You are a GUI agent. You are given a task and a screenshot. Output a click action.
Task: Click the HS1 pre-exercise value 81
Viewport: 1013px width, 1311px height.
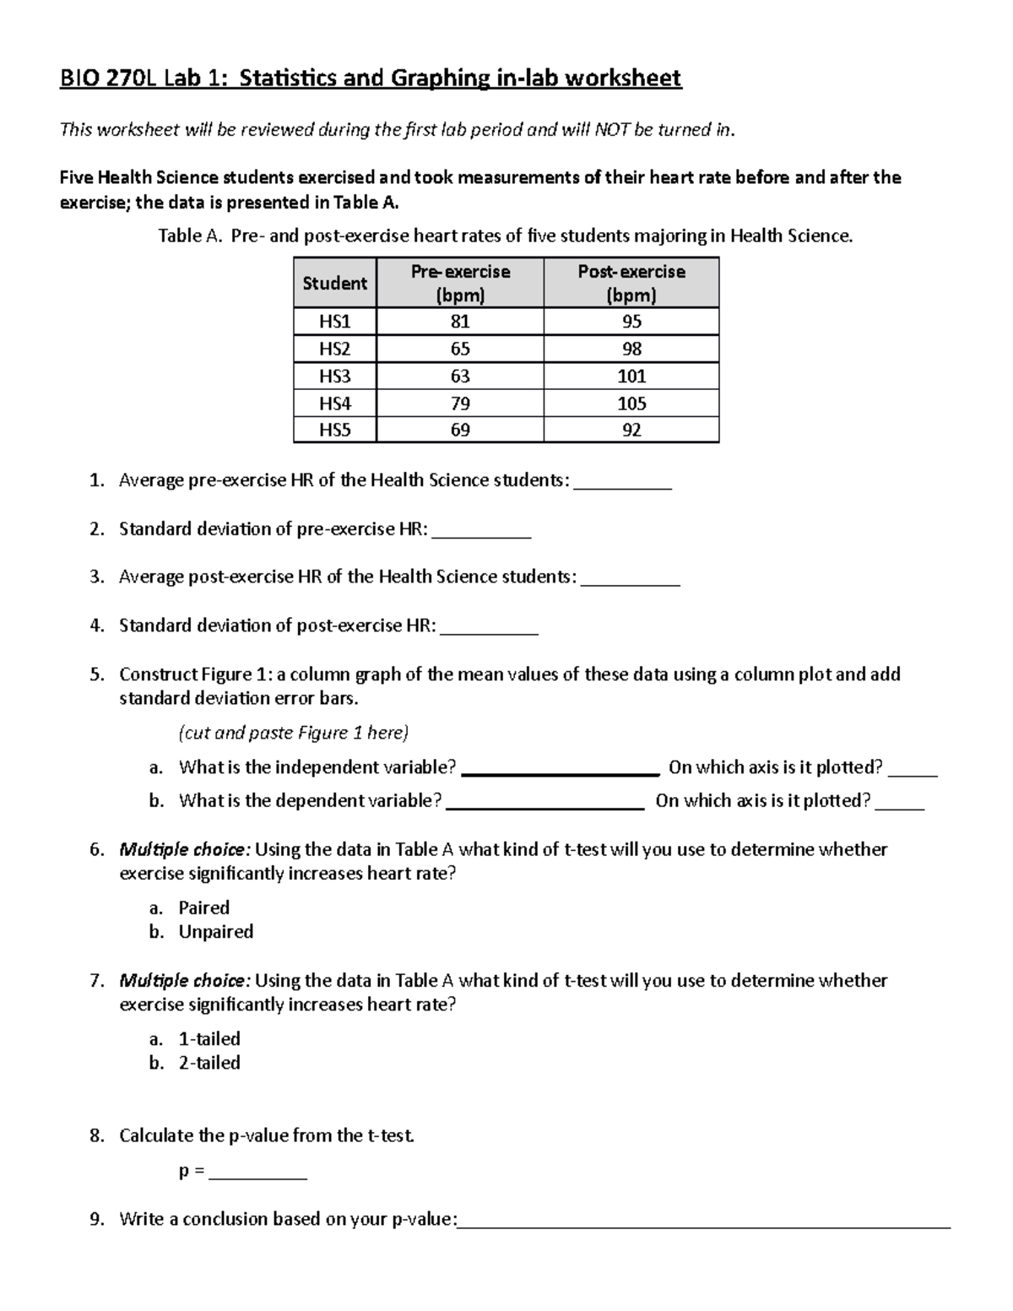pyautogui.click(x=460, y=322)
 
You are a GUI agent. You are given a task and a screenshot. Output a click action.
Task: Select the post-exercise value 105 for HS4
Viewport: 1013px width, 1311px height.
pyautogui.click(x=631, y=403)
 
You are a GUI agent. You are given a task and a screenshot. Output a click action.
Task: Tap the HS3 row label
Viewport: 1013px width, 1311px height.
pyautogui.click(x=334, y=376)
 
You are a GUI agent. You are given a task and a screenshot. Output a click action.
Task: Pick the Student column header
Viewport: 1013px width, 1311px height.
pyautogui.click(x=334, y=283)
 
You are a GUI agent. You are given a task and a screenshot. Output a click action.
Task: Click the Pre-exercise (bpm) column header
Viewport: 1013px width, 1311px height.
pyautogui.click(x=460, y=283)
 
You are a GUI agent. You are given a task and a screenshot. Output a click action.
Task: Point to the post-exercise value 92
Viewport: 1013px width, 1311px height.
pyautogui.click(x=631, y=430)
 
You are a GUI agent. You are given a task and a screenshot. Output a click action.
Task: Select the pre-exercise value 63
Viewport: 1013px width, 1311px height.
pyautogui.click(x=460, y=376)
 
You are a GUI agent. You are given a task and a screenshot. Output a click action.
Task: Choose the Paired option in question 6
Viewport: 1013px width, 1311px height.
pyautogui.click(x=204, y=907)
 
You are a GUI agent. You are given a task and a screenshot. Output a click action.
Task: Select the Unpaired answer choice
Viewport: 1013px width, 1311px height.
pyautogui.click(x=216, y=931)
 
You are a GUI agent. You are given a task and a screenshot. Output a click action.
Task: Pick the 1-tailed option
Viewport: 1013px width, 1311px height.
pyautogui.click(x=209, y=1038)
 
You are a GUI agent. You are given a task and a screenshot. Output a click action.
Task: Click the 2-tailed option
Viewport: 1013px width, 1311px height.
pyautogui.click(x=209, y=1062)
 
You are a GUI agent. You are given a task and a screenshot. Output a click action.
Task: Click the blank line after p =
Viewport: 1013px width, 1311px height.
pyautogui.click(x=257, y=1175)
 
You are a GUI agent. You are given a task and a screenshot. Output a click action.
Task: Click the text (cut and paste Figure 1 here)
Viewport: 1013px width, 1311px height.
pyautogui.click(x=293, y=732)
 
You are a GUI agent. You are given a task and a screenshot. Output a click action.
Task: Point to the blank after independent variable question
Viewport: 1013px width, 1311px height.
pyautogui.click(x=561, y=770)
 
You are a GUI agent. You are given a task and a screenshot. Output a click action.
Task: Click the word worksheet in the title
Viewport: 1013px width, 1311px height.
pyautogui.click(x=623, y=79)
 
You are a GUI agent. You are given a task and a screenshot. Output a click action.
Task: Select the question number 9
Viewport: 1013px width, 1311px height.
pyautogui.click(x=96, y=1218)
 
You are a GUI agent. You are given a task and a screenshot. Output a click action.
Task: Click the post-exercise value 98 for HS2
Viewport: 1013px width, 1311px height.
pyautogui.click(x=631, y=349)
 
